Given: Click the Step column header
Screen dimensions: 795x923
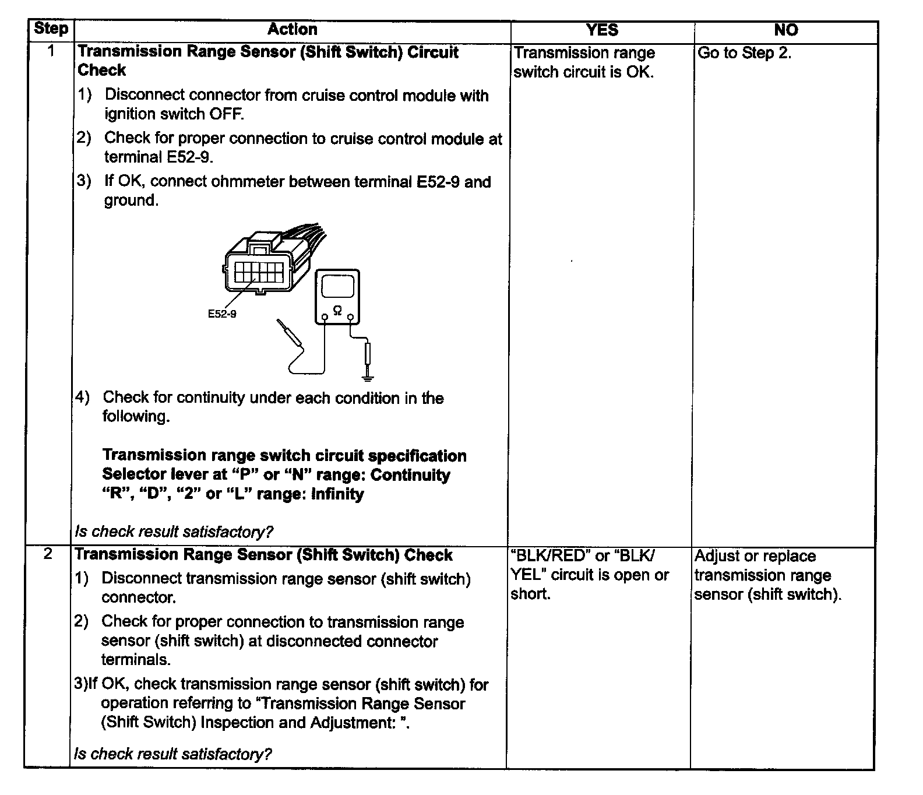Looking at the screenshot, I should [x=51, y=29].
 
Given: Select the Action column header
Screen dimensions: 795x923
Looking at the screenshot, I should [x=293, y=30].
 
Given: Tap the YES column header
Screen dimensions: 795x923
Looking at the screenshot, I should [x=602, y=30].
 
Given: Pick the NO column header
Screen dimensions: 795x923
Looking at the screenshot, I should [x=785, y=30].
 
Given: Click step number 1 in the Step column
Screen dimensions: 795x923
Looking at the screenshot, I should [x=51, y=51].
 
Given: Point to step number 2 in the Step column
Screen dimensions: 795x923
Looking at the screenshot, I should [x=48, y=554].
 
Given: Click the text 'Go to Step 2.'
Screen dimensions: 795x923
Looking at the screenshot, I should [x=744, y=53].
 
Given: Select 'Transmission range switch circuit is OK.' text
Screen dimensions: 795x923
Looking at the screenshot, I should [x=584, y=62].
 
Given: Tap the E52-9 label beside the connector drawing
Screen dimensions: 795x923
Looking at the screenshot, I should [x=222, y=314].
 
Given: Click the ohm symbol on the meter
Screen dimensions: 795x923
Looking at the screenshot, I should [x=337, y=312].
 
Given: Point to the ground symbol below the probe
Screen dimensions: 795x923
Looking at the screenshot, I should [x=367, y=377].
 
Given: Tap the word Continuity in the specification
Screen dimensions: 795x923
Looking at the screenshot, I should [x=410, y=475].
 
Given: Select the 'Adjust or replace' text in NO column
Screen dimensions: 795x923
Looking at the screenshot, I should [x=755, y=556].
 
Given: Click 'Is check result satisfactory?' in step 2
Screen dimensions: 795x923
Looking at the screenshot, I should [x=173, y=754].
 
